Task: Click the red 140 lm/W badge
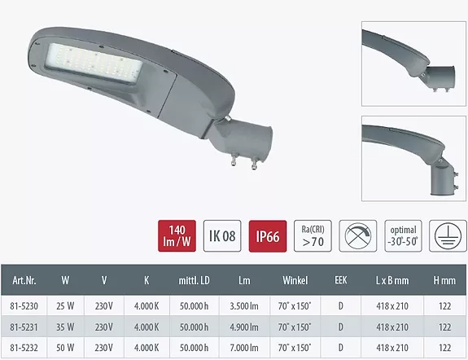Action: click(177, 236)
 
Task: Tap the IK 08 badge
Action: click(222, 236)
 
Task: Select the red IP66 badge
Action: click(268, 236)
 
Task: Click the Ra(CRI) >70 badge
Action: click(313, 236)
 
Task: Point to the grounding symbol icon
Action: click(448, 236)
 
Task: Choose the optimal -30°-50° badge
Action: click(403, 236)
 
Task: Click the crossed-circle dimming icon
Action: click(358, 236)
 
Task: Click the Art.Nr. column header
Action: click(24, 280)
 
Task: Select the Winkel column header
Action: click(295, 280)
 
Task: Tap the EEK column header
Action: click(341, 280)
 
